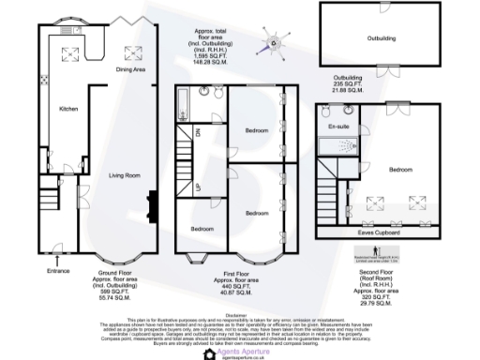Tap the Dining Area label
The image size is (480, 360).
pos(131,68)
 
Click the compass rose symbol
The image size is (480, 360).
pos(273,40)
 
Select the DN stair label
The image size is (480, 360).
pos(199,133)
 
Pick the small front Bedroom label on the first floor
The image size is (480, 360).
pos(202,229)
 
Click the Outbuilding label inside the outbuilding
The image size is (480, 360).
pos(379,38)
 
